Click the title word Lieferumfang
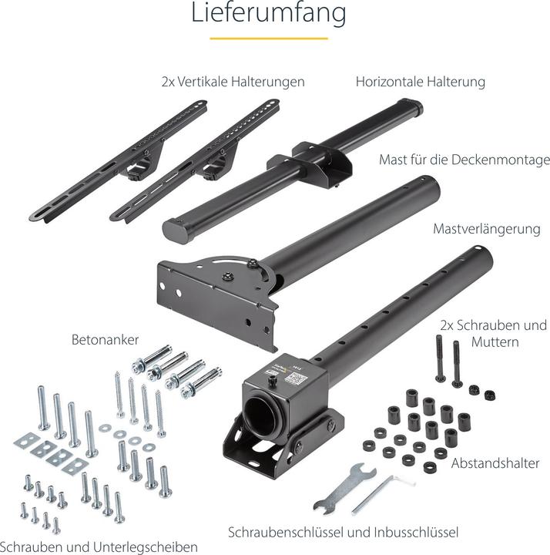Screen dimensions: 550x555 269,13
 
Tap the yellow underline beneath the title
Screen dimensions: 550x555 269,39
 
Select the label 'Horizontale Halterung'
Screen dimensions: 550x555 420,82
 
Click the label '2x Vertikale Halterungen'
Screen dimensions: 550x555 233,82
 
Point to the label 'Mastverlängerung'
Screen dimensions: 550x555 487,229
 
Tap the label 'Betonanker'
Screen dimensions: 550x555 105,340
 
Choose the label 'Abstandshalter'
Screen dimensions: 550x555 495,463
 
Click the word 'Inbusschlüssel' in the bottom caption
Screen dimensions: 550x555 416,532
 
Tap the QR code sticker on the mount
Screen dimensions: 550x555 294,378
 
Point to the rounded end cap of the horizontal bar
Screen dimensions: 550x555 176,230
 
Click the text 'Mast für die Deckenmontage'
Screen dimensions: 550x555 464,160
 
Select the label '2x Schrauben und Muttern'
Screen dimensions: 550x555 494,334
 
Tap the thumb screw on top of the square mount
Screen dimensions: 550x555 272,382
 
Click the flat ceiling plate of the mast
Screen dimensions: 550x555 216,301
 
